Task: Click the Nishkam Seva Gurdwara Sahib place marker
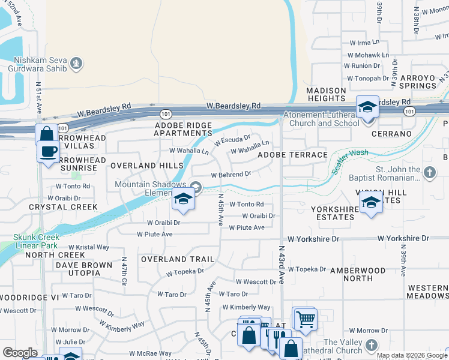coord(76,62)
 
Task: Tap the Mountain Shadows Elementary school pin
coord(183,200)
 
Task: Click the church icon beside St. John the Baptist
coord(429,173)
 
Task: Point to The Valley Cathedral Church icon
coord(372,345)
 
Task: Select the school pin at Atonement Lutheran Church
coord(367,107)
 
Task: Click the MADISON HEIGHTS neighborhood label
coord(326,94)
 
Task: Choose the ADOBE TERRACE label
coord(292,155)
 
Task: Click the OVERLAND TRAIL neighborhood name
coord(177,259)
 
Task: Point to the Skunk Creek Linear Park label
coord(36,241)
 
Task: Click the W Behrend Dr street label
coord(231,175)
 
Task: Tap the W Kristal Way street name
coord(89,247)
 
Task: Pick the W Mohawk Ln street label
coord(364,55)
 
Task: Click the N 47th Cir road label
coord(124,268)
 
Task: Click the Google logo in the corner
coord(20,353)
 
